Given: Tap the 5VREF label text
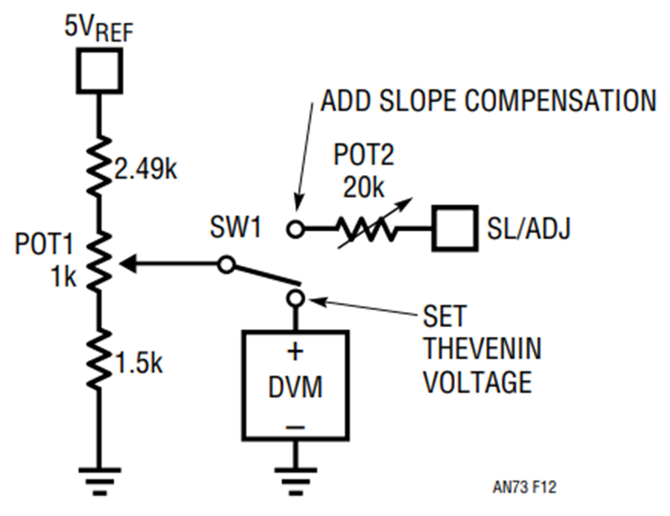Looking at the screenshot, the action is pyautogui.click(x=99, y=28).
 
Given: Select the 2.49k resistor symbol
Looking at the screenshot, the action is pyautogui.click(x=99, y=166).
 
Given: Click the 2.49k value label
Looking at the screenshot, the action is pyautogui.click(x=145, y=169).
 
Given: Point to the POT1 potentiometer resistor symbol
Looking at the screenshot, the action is pyautogui.click(x=99, y=262).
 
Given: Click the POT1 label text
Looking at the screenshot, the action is pyautogui.click(x=44, y=244).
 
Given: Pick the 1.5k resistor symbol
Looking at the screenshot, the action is pyautogui.click(x=99, y=359).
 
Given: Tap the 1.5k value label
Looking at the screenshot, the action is pyautogui.click(x=139, y=363).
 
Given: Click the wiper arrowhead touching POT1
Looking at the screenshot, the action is pyautogui.click(x=128, y=264).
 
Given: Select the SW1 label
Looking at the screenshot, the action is pyautogui.click(x=235, y=226).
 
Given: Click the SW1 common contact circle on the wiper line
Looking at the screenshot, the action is pyautogui.click(x=226, y=264).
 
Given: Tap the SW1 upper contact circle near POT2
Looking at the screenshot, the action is pyautogui.click(x=296, y=229).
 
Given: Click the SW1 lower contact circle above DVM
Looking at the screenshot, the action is pyautogui.click(x=296, y=298).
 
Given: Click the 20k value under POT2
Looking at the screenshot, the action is pyautogui.click(x=363, y=187).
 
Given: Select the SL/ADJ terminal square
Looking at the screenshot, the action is pyautogui.click(x=455, y=229).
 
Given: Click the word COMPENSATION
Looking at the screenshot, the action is pyautogui.click(x=560, y=101).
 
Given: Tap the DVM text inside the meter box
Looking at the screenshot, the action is pyautogui.click(x=296, y=387).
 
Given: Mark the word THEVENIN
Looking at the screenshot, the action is pyautogui.click(x=482, y=348).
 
